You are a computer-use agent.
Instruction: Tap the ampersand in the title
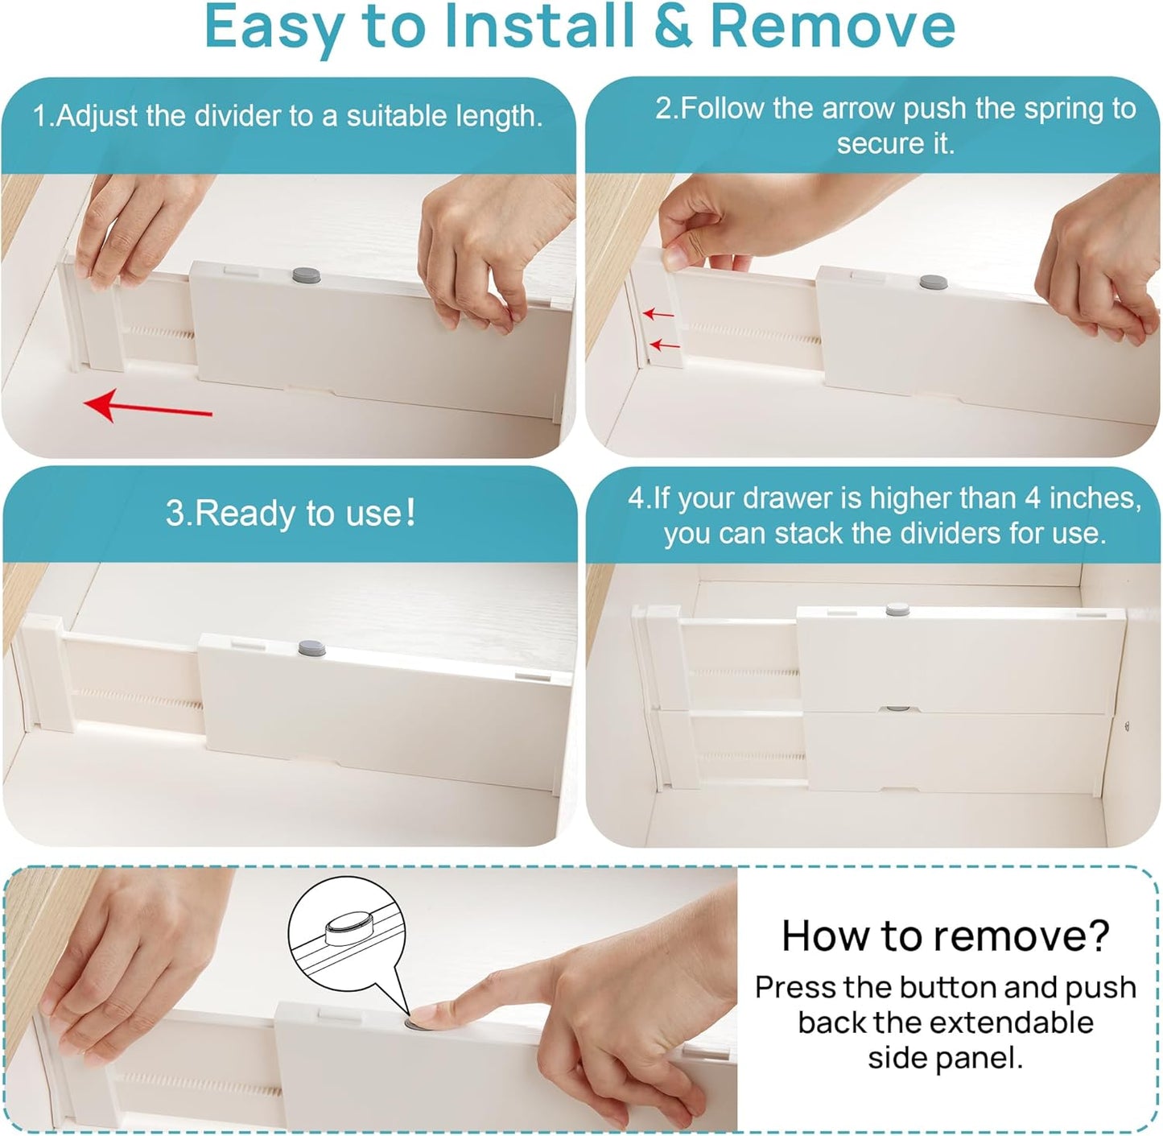(673, 27)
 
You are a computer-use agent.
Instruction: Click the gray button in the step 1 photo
(306, 275)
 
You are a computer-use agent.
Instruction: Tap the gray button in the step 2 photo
(934, 282)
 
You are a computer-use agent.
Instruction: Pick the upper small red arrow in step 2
(658, 313)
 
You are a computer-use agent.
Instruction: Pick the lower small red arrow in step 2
(665, 345)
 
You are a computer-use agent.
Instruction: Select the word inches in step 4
(1095, 498)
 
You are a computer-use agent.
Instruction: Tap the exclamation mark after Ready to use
(411, 512)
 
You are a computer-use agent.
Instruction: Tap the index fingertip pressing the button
(426, 1017)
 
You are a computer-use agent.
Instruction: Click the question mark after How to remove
(1097, 936)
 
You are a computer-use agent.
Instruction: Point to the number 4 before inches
(1033, 498)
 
